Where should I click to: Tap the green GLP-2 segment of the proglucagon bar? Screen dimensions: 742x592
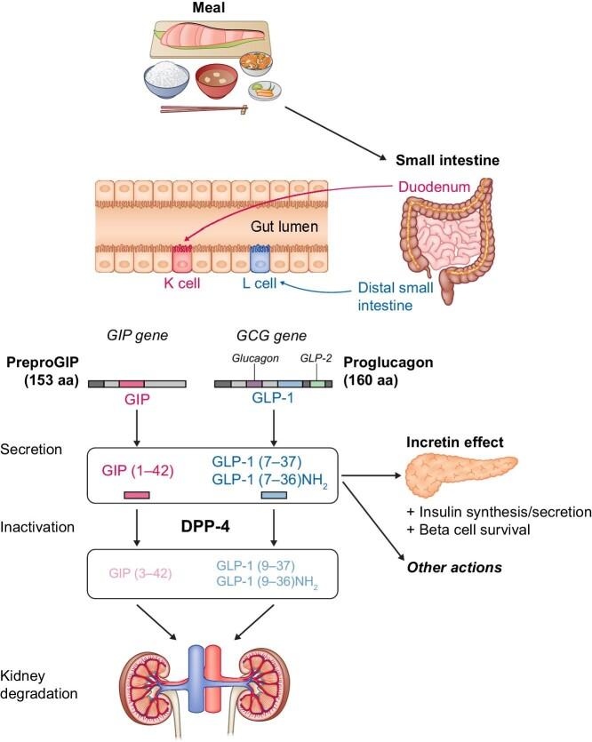click(x=316, y=383)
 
